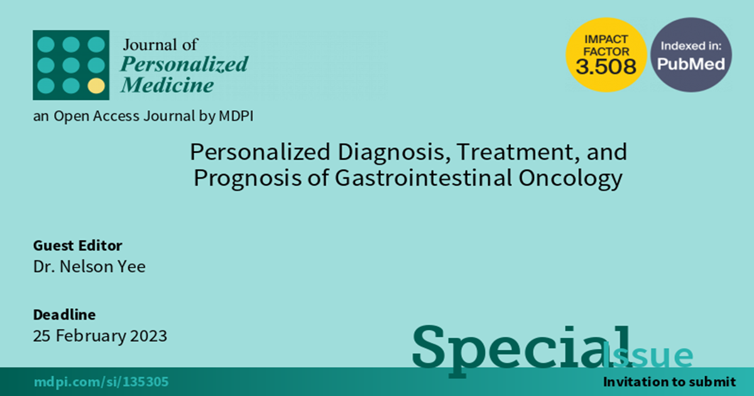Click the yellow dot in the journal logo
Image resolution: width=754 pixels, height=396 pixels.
pyautogui.click(x=96, y=85)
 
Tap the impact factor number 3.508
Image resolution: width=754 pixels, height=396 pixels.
pyautogui.click(x=606, y=67)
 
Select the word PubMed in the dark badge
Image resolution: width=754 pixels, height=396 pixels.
pyautogui.click(x=691, y=64)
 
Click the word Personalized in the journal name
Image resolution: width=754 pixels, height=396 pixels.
pyautogui.click(x=184, y=64)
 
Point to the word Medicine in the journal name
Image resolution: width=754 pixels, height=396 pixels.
pyautogui.click(x=167, y=84)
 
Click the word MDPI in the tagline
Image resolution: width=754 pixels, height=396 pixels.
pyautogui.click(x=236, y=116)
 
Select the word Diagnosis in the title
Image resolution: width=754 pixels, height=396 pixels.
pyautogui.click(x=394, y=152)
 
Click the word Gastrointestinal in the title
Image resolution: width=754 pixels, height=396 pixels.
pyautogui.click(x=423, y=178)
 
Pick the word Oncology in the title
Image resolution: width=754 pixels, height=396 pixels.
pyautogui.click(x=571, y=179)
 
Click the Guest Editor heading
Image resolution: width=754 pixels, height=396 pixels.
pyautogui.click(x=77, y=246)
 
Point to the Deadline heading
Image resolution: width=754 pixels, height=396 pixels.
pyautogui.click(x=64, y=314)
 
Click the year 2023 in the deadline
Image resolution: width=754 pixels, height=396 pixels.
pyautogui.click(x=149, y=336)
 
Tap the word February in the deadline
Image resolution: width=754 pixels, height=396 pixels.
pyautogui.click(x=90, y=336)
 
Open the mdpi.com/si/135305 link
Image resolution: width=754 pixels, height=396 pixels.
pyautogui.click(x=101, y=382)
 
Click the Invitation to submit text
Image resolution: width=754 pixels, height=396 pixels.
pyautogui.click(x=669, y=382)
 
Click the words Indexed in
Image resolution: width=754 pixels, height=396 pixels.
pyautogui.click(x=691, y=46)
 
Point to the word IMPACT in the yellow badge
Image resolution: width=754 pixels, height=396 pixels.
pyautogui.click(x=606, y=40)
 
